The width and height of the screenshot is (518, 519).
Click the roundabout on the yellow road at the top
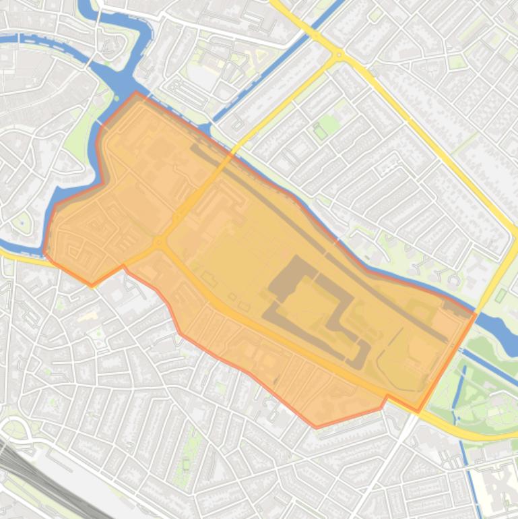pyautogui.click(x=339, y=54)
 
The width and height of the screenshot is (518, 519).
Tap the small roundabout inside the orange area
pyautogui.click(x=159, y=241)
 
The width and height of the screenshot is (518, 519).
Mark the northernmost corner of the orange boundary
pyautogui.click(x=136, y=92)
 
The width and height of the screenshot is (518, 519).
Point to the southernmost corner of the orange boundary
pyautogui.click(x=317, y=427)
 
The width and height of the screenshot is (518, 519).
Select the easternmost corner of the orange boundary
pyautogui.click(x=476, y=313)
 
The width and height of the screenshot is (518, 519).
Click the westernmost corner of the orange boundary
pyautogui.click(x=44, y=253)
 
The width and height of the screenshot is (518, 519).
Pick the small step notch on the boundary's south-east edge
pyautogui.click(x=385, y=402)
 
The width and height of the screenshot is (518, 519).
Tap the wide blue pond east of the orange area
pyautogui.click(x=498, y=330)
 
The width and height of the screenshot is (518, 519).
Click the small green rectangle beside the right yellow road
pyautogui.click(x=500, y=295)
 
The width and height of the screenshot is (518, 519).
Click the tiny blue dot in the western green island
pyautogui.click(x=22, y=222)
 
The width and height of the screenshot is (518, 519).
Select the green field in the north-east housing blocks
pyautogui.click(x=328, y=125)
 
